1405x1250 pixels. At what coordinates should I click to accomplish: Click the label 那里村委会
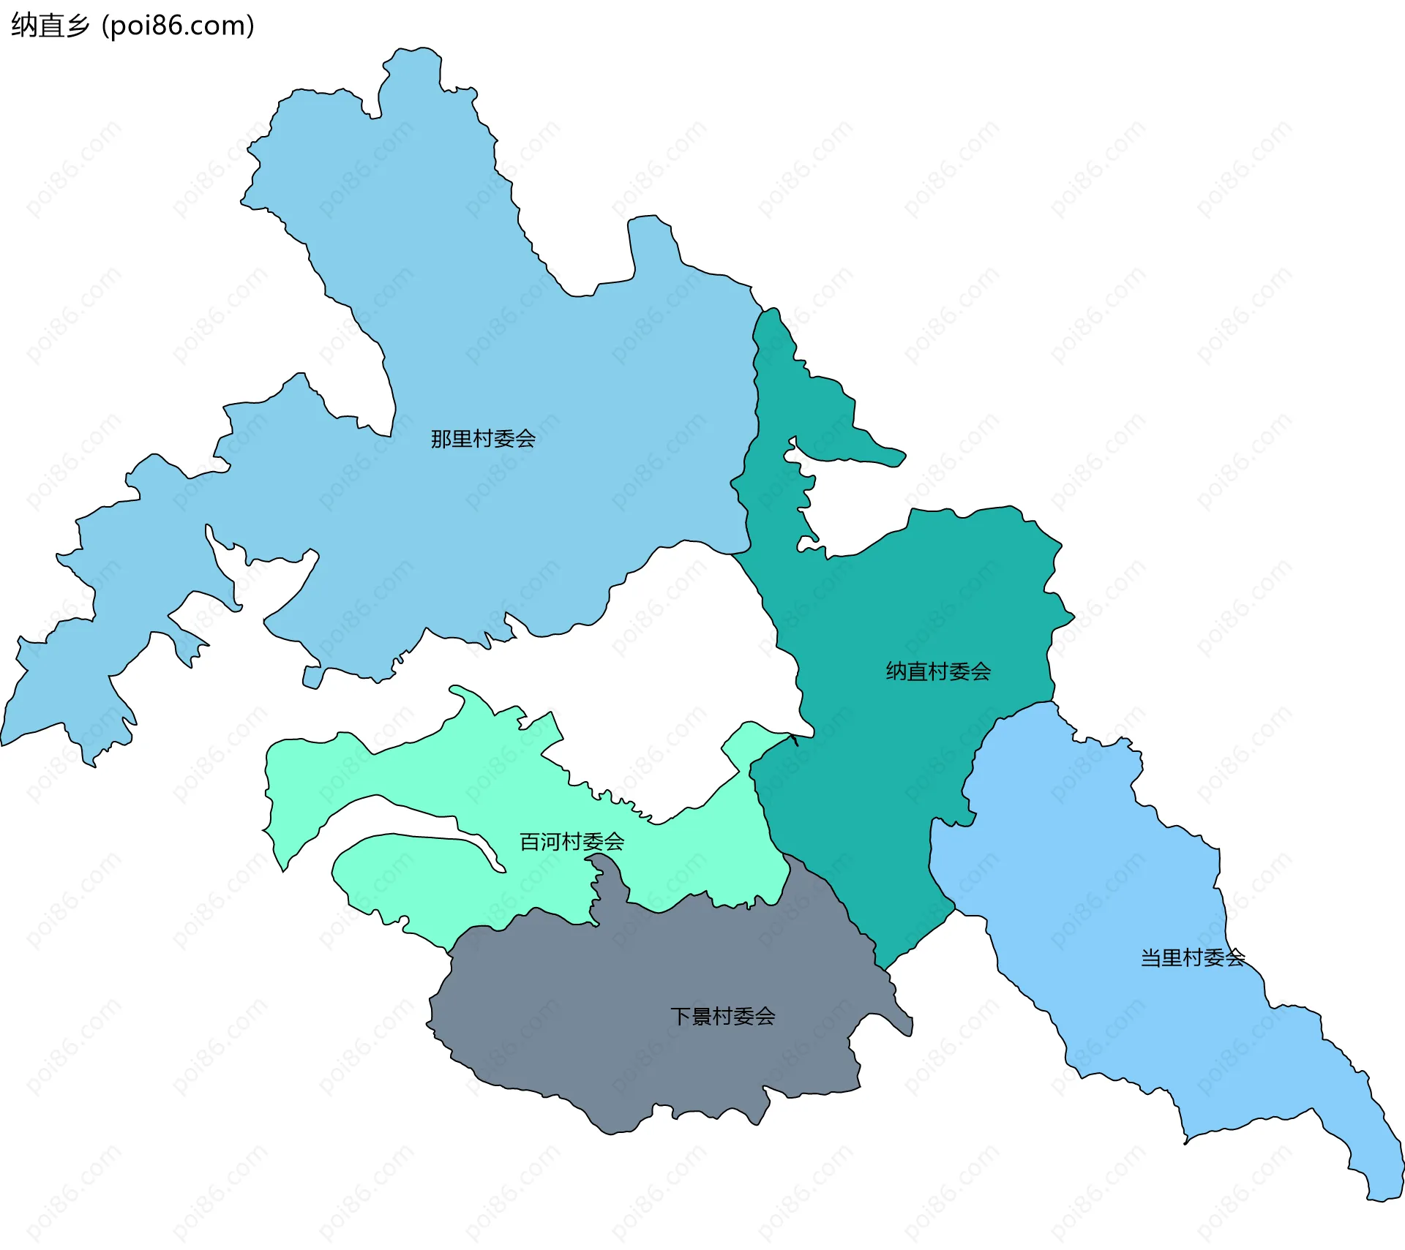(483, 439)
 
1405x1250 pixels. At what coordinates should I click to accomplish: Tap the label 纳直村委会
(938, 671)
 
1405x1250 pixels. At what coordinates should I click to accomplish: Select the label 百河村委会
(572, 842)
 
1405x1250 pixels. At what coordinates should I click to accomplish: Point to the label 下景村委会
(722, 1016)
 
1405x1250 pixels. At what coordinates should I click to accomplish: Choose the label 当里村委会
(1193, 957)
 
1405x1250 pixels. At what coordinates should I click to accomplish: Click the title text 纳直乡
(50, 26)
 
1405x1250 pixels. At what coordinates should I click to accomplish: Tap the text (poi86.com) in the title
(178, 26)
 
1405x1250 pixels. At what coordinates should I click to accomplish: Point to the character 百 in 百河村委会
(529, 842)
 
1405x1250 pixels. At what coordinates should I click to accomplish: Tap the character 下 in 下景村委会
(681, 1016)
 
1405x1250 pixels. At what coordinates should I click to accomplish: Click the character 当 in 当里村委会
(1151, 957)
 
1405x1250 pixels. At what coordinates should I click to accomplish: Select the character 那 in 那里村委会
(441, 439)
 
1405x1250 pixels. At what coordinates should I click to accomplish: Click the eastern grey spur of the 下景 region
(900, 1020)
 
